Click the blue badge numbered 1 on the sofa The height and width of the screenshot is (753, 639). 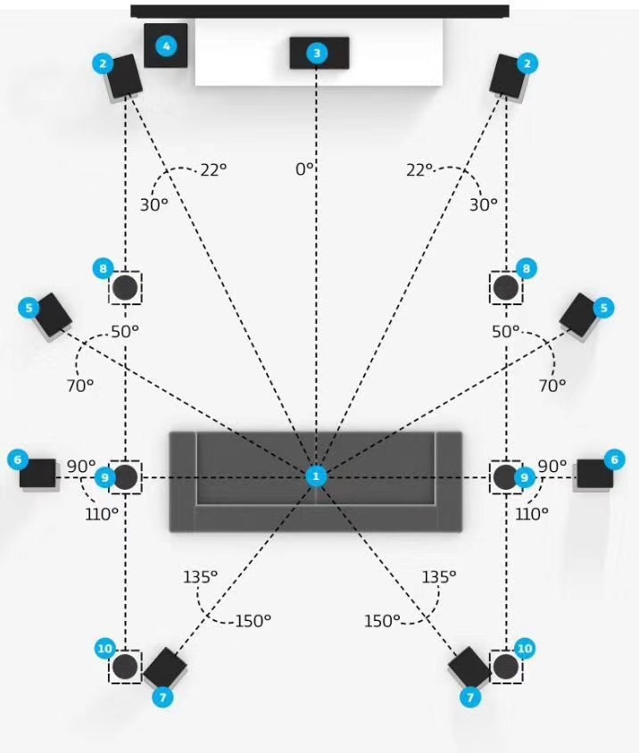point(316,476)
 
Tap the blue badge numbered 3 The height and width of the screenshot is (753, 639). point(317,53)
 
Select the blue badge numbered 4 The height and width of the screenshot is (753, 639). point(166,46)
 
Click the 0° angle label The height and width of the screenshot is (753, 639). point(304,169)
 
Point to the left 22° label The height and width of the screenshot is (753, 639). point(213,170)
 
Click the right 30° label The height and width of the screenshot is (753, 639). point(484,205)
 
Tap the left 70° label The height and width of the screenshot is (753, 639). point(80,385)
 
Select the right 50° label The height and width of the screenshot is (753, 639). point(505,331)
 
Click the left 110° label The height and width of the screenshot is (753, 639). point(102,514)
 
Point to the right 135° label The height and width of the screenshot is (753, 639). point(439,576)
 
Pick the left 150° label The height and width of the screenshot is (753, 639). point(253,621)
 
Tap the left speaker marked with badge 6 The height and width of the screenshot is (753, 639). point(38,474)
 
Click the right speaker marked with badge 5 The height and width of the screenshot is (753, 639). point(579,316)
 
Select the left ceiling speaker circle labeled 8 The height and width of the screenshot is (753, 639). point(125,287)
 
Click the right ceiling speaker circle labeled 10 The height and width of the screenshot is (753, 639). point(506,666)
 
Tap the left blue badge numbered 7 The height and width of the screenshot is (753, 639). point(162,697)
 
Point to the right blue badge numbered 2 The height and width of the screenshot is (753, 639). point(527,63)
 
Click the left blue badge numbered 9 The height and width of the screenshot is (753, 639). point(104,477)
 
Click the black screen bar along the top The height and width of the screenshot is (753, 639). point(320,11)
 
